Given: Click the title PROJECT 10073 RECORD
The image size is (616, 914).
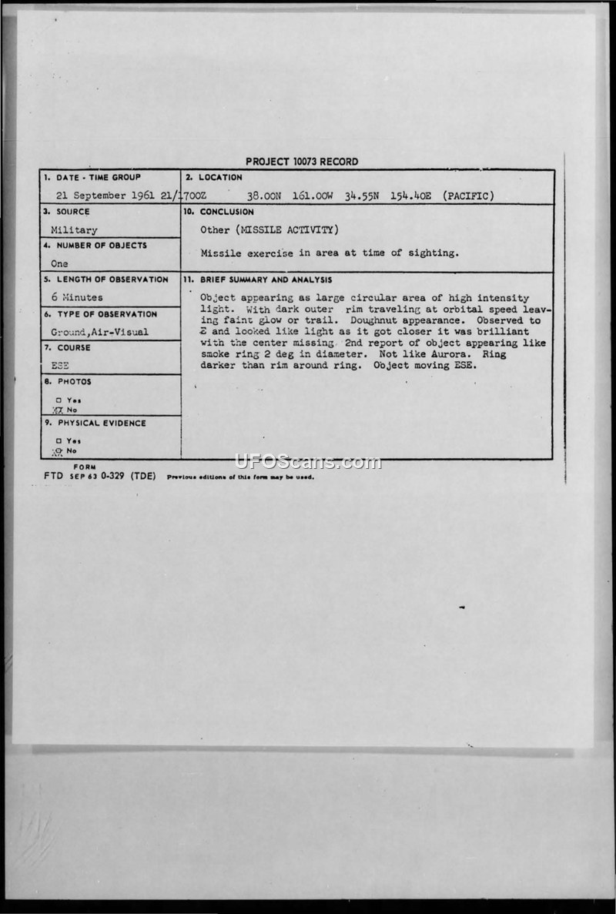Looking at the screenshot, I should tap(302, 162).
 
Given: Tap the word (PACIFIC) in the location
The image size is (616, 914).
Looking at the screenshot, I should tap(468, 196).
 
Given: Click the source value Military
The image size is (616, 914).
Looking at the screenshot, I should tap(74, 229).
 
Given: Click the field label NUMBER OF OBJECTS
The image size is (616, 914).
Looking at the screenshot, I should tap(100, 246).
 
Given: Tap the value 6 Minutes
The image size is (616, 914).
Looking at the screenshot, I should tap(77, 297).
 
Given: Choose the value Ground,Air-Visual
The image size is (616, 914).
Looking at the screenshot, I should tap(99, 332).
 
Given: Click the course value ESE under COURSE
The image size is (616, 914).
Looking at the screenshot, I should tap(59, 366).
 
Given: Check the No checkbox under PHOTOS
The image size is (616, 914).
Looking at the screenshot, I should tap(58, 410).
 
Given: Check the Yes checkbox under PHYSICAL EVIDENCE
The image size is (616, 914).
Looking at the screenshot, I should tap(58, 440).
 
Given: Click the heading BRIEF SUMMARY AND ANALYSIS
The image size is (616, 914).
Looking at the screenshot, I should tap(266, 280).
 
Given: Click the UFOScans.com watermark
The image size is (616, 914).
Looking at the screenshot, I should tap(307, 462).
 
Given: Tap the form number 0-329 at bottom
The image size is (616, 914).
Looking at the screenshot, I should tap(110, 476).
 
